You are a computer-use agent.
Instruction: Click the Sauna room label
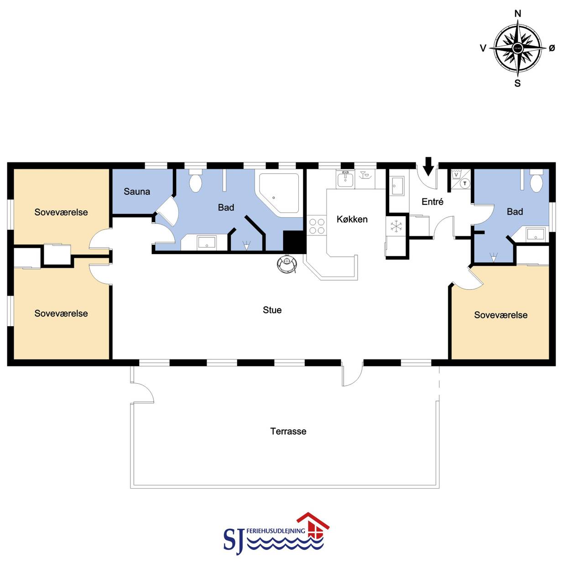pos(137,192)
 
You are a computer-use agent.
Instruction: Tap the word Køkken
pos(352,219)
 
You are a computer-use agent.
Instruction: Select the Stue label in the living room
pos(272,310)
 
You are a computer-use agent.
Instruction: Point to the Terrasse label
pos(288,431)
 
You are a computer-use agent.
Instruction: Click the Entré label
pos(433,202)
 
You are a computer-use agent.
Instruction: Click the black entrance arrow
pos(428,166)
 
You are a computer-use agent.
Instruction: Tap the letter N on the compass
pos(518,13)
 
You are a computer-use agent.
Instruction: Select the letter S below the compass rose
pos(517,83)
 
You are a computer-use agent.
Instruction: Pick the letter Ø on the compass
pos(552,48)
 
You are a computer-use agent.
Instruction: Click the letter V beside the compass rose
pos(483,48)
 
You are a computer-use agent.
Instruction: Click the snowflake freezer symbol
pos(396,226)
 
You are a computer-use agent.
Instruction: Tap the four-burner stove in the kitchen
pos(317,226)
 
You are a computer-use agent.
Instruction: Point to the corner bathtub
pos(277,193)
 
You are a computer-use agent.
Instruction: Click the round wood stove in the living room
pos(287,263)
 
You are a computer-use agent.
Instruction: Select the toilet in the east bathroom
pos(536,181)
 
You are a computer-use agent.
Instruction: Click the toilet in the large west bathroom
pos(195,181)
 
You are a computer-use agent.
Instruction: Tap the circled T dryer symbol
pos(464,183)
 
